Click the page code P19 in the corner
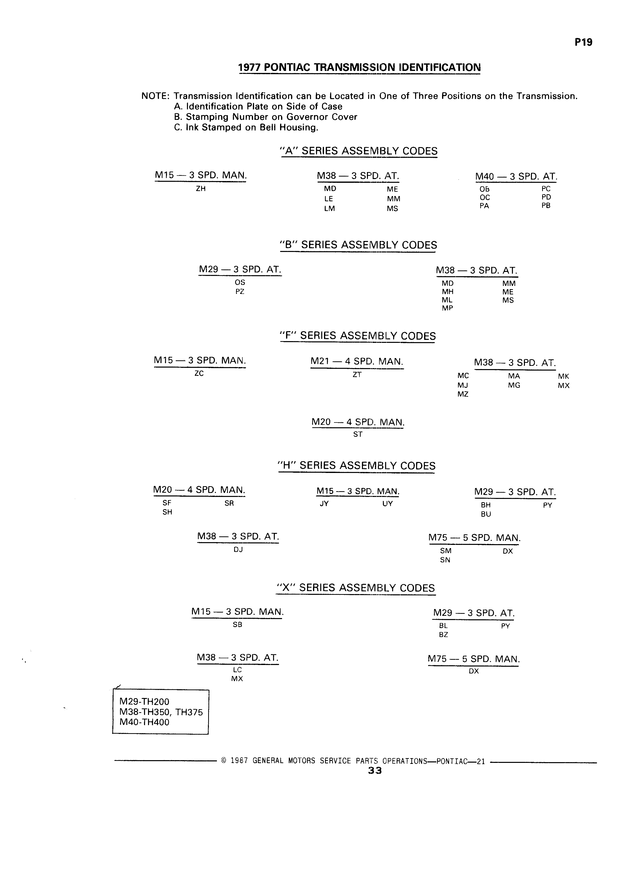tap(583, 42)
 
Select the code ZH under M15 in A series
tap(201, 189)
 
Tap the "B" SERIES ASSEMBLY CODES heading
tap(358, 245)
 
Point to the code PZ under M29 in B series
tap(240, 291)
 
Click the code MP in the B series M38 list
tap(447, 308)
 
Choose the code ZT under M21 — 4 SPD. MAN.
tap(357, 375)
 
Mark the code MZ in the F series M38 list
tap(463, 394)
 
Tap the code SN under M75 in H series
tap(445, 560)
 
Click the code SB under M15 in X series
tap(237, 624)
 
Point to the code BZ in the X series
tap(444, 635)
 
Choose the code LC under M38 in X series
tap(237, 670)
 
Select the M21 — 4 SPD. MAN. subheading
tap(357, 362)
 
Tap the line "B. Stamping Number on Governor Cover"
tap(266, 117)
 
